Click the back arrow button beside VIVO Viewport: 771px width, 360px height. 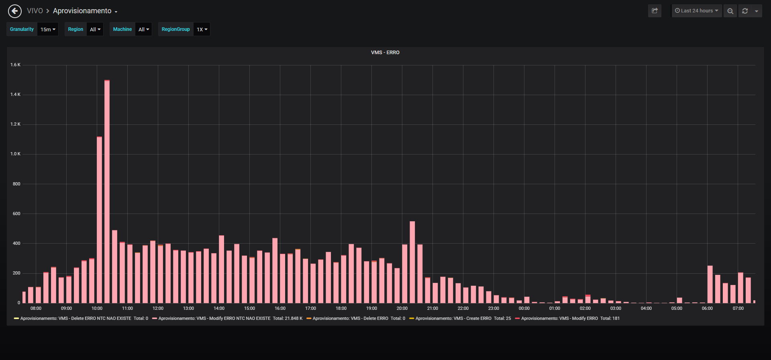point(15,11)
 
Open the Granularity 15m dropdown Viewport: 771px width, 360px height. point(48,29)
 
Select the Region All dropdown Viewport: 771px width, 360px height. point(95,29)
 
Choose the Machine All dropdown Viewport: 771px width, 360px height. point(144,29)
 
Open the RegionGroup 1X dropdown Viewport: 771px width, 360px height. point(202,29)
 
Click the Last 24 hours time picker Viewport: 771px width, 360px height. point(697,11)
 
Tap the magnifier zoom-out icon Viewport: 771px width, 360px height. point(730,11)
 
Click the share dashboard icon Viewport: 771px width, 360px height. point(655,11)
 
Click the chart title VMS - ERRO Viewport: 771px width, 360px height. point(385,53)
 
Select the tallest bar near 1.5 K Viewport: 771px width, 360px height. point(107,191)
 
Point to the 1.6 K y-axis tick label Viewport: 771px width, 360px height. point(15,65)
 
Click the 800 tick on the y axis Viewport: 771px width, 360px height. point(16,184)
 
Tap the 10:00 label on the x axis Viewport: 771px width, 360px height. point(97,308)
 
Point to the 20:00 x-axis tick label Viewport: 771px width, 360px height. point(402,308)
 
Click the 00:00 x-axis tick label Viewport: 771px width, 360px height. point(524,308)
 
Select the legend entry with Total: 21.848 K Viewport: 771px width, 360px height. point(227,318)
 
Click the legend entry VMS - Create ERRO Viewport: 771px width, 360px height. point(460,318)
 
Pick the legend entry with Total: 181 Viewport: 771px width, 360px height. point(567,318)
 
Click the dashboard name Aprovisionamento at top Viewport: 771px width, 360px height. point(82,11)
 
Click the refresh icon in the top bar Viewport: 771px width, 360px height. point(745,11)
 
